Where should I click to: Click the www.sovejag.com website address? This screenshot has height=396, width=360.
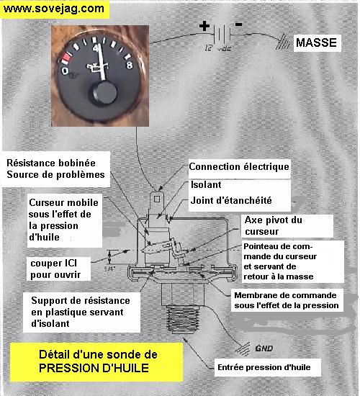53,9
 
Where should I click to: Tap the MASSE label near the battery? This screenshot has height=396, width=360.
316,42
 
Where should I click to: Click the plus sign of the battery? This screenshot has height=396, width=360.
204,26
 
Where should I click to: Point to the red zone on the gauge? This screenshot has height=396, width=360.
66,58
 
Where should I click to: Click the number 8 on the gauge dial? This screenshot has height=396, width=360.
130,65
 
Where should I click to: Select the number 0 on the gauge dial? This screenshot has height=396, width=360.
65,71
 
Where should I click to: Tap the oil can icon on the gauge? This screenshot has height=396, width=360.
97,68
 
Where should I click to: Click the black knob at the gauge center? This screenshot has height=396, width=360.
104,93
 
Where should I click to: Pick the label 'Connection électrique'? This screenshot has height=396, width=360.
239,167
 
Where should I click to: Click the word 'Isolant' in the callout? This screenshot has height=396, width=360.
206,184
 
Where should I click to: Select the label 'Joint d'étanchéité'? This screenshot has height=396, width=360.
231,201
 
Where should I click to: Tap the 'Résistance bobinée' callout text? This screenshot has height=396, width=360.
51,163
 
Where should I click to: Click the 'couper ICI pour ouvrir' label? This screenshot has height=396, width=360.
55,269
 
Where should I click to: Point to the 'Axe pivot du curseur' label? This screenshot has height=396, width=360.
274,225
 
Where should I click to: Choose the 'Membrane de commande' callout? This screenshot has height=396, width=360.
285,295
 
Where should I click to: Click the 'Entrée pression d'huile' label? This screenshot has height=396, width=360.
264,367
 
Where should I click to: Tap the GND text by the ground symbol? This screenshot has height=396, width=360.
264,348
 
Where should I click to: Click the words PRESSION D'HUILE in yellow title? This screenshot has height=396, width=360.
94,368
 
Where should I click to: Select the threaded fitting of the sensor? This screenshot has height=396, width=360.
182,319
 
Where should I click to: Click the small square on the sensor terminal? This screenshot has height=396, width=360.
157,199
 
